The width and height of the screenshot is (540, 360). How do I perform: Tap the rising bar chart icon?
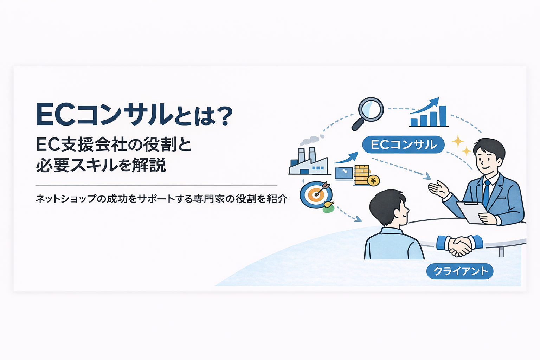click(429, 113)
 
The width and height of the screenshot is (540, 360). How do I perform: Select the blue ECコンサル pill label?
click(403, 145)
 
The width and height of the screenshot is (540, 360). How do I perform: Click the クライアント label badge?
click(460, 271)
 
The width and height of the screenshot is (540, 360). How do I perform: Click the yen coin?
click(373, 180)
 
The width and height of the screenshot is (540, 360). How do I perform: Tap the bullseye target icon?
click(316, 194)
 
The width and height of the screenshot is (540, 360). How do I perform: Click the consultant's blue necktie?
click(487, 193)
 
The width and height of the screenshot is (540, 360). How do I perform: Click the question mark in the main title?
click(224, 116)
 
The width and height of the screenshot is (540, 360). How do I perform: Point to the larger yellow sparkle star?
click(457, 141)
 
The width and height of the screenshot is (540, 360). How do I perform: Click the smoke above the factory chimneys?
click(313, 140)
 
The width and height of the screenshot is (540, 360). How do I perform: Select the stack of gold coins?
click(362, 175)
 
